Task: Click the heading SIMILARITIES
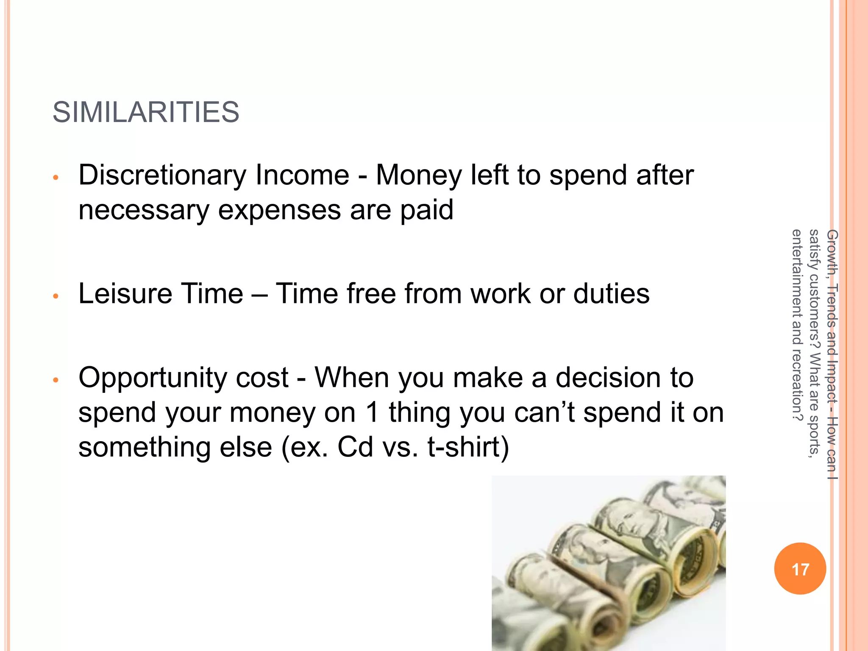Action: [146, 112]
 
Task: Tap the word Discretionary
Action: [162, 175]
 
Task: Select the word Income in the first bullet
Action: [302, 175]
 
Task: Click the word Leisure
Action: [125, 294]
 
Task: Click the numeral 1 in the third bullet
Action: [373, 412]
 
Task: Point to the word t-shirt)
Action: [468, 447]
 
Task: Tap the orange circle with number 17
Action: [800, 569]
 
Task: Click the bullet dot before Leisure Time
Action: [55, 296]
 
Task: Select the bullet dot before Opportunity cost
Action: [55, 380]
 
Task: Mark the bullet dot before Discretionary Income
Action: [55, 178]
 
